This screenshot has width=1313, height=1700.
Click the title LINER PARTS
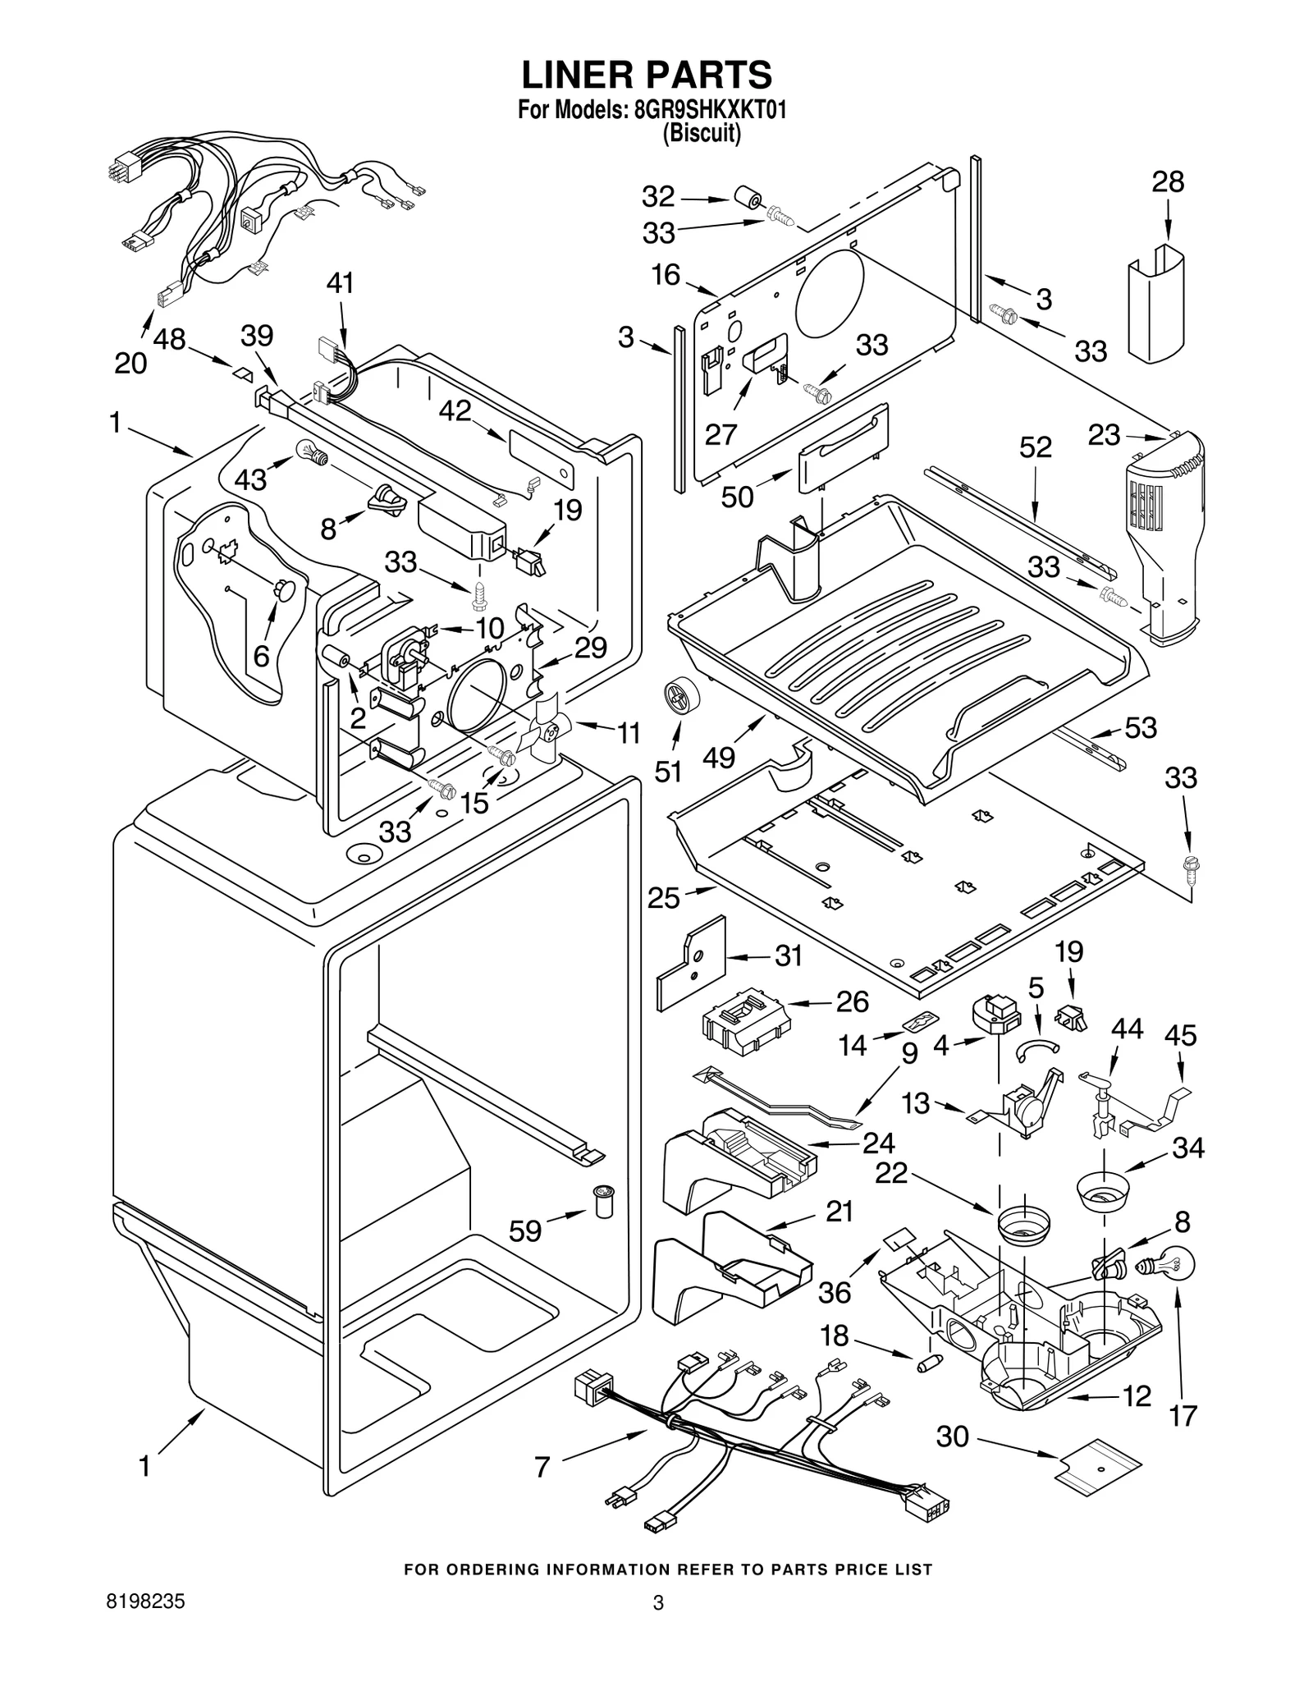(647, 75)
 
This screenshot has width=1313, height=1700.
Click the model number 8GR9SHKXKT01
(710, 110)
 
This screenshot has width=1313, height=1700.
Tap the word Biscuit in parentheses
(702, 134)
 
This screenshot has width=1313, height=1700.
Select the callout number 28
(1168, 181)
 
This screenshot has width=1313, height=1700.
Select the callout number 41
(340, 283)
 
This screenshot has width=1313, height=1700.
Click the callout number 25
(663, 898)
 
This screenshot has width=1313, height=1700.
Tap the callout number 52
(1035, 447)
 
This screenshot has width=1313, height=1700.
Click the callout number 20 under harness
(130, 362)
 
